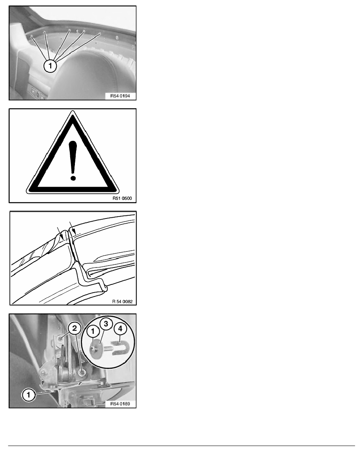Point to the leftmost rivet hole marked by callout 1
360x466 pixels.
[x=31, y=36]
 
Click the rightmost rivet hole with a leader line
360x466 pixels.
[x=100, y=34]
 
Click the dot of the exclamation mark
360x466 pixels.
[x=73, y=178]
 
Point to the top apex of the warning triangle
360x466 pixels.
[x=73, y=112]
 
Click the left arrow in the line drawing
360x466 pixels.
[x=60, y=231]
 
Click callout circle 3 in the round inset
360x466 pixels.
[x=105, y=324]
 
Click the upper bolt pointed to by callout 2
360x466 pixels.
[x=59, y=338]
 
